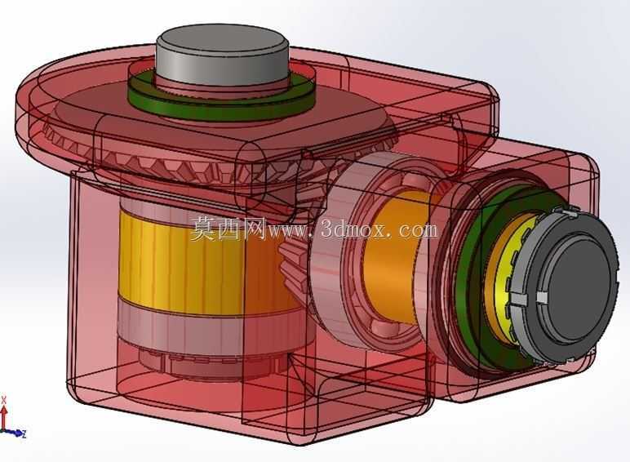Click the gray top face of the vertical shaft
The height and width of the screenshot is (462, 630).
tap(222, 41)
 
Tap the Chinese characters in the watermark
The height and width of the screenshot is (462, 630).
tap(228, 229)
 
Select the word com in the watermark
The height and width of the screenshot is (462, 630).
tap(418, 231)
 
